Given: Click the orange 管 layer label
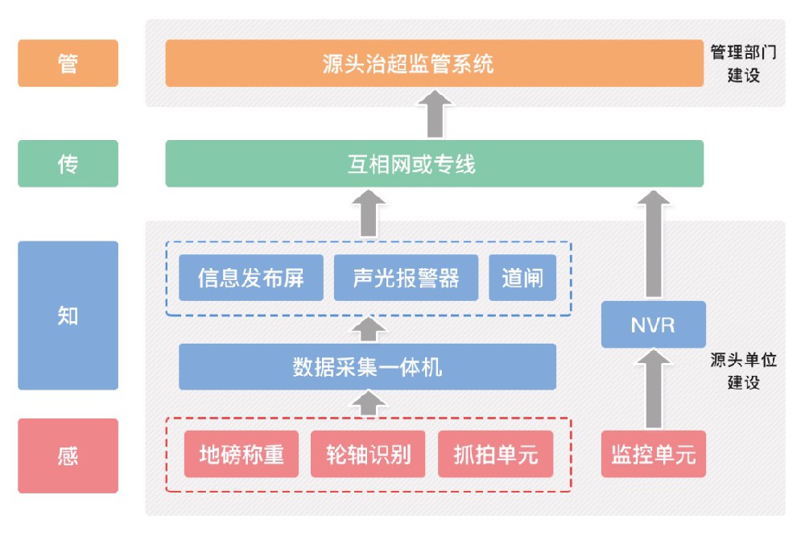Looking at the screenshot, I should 68,63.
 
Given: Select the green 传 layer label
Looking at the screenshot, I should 68,163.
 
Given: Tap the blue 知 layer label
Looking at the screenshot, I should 68,315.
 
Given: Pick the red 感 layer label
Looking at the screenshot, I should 68,456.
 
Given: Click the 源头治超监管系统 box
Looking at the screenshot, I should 434,63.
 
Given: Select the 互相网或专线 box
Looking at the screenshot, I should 434,163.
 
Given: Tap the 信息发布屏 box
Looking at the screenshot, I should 250,278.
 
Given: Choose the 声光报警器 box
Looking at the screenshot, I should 406,278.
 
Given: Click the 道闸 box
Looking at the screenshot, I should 522,278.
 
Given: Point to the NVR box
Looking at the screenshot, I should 653,326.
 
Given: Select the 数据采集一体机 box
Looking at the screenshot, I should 367,367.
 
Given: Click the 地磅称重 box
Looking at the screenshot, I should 242,455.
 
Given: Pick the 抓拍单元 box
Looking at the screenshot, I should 496,455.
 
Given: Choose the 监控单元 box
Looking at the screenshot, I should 653,455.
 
